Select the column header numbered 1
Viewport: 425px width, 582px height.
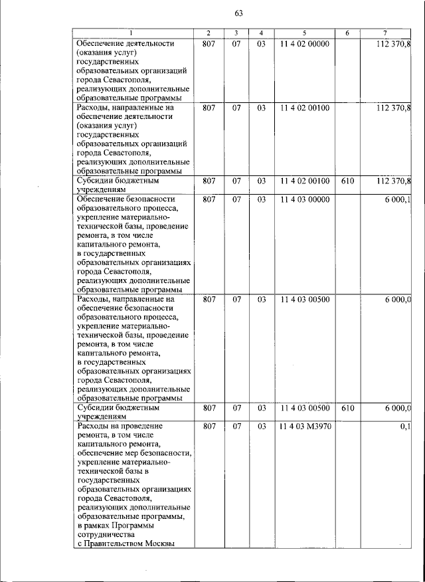point(131,33)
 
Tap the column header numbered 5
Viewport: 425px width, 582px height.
point(304,33)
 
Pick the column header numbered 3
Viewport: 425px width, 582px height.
point(236,33)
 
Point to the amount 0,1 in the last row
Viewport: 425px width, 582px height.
point(405,426)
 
